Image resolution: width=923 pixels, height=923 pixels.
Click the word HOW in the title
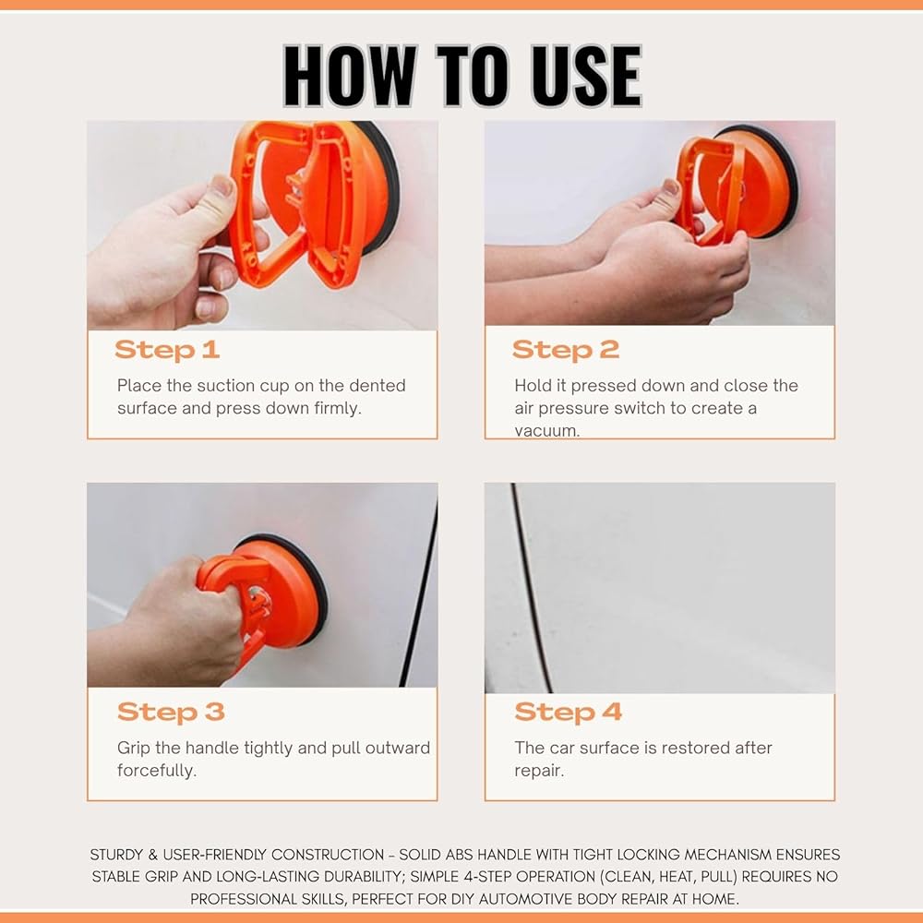click(x=350, y=76)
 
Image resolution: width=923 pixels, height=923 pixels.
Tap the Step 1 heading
click(x=167, y=350)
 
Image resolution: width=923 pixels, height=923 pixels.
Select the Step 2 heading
click(x=566, y=350)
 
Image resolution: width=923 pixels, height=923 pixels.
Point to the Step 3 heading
click(x=171, y=712)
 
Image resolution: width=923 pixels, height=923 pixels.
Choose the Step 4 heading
click(x=568, y=712)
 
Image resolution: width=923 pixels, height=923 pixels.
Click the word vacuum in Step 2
click(x=546, y=430)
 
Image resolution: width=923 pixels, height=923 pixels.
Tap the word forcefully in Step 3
click(x=157, y=771)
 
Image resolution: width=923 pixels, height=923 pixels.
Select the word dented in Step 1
click(x=378, y=386)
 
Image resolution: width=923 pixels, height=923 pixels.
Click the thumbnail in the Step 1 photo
click(x=222, y=187)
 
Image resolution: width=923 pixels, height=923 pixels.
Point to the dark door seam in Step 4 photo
click(x=532, y=589)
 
